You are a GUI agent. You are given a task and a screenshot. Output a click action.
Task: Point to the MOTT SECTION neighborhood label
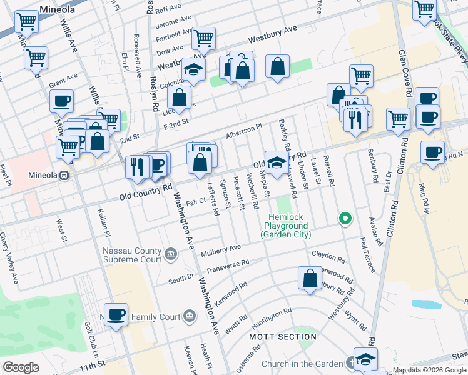click(283, 337)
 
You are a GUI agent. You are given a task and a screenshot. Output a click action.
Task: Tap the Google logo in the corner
click(21, 367)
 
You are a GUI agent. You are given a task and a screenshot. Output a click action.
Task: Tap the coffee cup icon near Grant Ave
click(61, 101)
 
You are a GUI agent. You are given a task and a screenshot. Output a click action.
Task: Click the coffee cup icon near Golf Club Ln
click(116, 315)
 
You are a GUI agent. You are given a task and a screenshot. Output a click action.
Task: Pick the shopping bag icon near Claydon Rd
click(310, 279)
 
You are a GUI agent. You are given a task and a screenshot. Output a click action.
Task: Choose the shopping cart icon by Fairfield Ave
click(204, 38)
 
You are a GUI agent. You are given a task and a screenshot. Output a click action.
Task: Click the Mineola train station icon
click(64, 176)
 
